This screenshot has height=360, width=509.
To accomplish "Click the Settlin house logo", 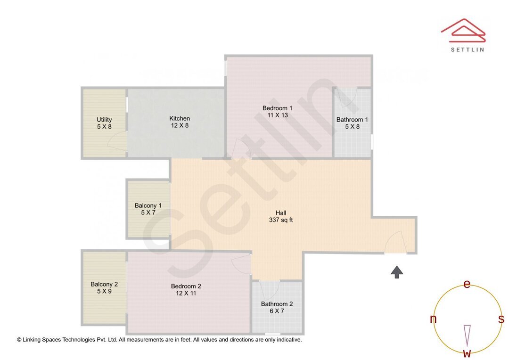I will (x=463, y=29).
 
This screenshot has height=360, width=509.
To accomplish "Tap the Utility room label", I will (x=104, y=123).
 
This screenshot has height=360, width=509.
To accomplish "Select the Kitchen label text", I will (x=180, y=122).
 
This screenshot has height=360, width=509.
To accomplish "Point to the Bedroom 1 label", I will (x=278, y=112).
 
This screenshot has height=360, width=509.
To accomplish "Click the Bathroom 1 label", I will (x=352, y=123).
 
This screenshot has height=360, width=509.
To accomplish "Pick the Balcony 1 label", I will (x=148, y=209).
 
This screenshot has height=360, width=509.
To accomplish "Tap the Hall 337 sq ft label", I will (x=281, y=216).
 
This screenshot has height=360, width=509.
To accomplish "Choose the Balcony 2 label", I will (x=104, y=287).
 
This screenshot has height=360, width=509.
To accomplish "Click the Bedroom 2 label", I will (x=186, y=289).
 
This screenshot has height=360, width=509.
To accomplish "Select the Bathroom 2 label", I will (x=277, y=307).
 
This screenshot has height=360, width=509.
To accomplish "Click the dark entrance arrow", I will (x=397, y=272).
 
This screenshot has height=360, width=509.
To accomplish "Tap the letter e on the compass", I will (x=467, y=284).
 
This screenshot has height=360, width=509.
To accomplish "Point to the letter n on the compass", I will (x=433, y=319).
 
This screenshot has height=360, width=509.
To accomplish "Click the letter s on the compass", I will (x=501, y=319).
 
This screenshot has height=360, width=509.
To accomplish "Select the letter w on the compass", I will (x=467, y=353).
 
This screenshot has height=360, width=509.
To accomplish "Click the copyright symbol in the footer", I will (x=19, y=339).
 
